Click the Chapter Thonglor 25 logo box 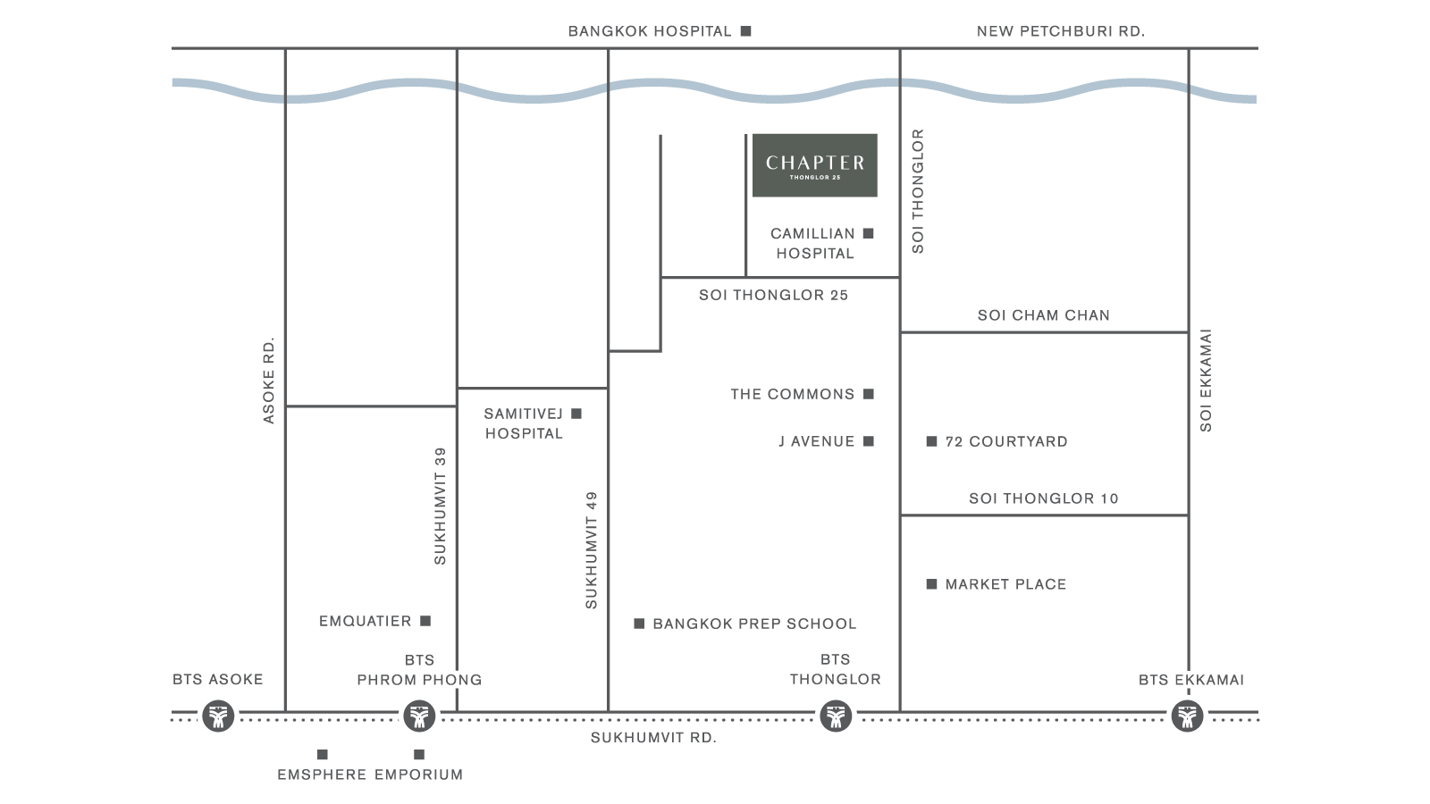click(814, 165)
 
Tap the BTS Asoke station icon click(218, 716)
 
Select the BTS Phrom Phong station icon click(418, 716)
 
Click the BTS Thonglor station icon click(836, 716)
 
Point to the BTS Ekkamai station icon click(1187, 716)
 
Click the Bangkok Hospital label click(650, 31)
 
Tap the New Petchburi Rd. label click(1060, 31)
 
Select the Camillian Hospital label click(812, 243)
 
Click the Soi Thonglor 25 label click(773, 295)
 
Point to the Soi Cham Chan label click(1043, 315)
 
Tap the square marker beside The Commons click(869, 394)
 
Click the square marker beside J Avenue click(869, 441)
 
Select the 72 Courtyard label click(1005, 441)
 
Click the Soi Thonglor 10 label click(1043, 498)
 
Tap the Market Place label click(1005, 584)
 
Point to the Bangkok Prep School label click(753, 624)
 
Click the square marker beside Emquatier click(425, 621)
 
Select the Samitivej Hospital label click(524, 423)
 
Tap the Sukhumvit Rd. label click(653, 738)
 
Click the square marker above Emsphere click(323, 755)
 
